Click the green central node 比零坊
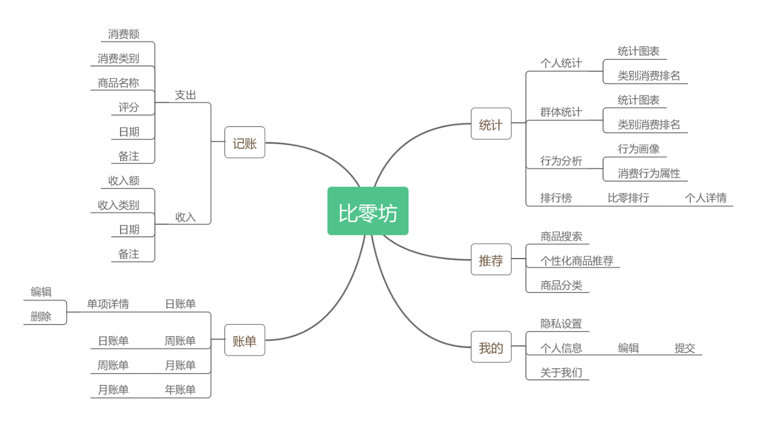pos(368,211)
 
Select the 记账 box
pos(245,142)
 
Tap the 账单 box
pos(245,340)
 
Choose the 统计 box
pos(490,124)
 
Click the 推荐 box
pos(490,260)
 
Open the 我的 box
pos(490,347)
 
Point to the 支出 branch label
pos(185,95)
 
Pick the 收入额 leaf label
pos(124,180)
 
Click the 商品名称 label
pos(118,83)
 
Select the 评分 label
pos(129,107)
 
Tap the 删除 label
pos(41,316)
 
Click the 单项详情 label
pos(108,304)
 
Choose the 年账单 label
pos(180,390)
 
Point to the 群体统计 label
pos(561,112)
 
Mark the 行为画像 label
pos(639,149)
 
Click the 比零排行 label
pos(628,198)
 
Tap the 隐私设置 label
pos(561,323)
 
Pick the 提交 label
pos(684,348)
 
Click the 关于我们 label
pos(561,372)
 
